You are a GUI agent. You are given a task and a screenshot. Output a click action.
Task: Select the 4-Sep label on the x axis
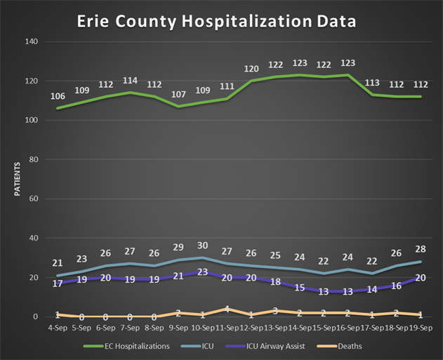tap(58, 328)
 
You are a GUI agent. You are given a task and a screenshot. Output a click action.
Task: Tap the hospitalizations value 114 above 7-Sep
tap(131, 81)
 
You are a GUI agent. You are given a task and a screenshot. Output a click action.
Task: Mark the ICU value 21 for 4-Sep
tap(58, 264)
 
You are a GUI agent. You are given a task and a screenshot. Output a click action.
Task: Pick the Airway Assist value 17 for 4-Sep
tap(58, 284)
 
